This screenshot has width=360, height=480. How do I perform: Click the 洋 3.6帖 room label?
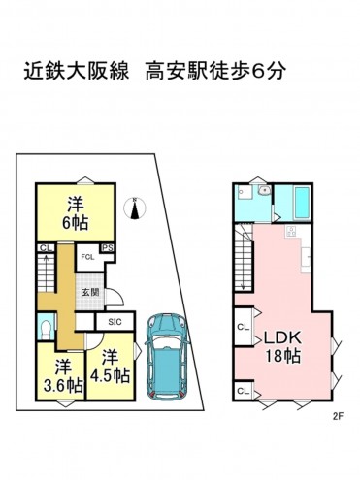point(63,374)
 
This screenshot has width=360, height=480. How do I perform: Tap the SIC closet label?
point(113,322)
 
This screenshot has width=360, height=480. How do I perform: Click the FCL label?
point(86,257)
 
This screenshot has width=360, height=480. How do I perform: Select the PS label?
point(108,248)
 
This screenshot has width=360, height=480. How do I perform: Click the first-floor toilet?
point(45,327)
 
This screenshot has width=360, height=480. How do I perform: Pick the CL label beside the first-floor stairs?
point(44,248)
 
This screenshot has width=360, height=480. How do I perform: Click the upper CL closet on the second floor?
point(243,326)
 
